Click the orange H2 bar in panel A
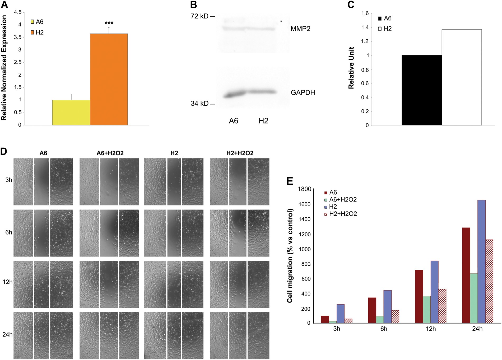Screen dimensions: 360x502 (109, 79)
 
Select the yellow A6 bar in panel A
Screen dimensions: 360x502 (71, 113)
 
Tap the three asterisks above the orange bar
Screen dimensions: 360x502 (109, 23)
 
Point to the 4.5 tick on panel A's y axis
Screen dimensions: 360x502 (18, 12)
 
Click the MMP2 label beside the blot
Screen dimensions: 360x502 (300, 29)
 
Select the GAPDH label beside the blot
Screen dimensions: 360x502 (303, 92)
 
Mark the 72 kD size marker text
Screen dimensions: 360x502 (200, 16)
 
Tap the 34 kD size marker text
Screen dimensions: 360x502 (200, 104)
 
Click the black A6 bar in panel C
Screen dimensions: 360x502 (421, 90)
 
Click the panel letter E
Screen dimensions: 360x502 (290, 181)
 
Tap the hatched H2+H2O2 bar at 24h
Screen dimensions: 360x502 (489, 281)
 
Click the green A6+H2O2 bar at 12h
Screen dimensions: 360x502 (427, 309)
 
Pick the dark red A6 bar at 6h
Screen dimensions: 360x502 (372, 310)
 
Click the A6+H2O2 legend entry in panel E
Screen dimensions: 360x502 (343, 200)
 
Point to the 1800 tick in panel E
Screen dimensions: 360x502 (304, 189)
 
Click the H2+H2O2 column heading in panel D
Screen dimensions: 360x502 (240, 153)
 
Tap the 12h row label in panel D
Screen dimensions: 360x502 (8, 282)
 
